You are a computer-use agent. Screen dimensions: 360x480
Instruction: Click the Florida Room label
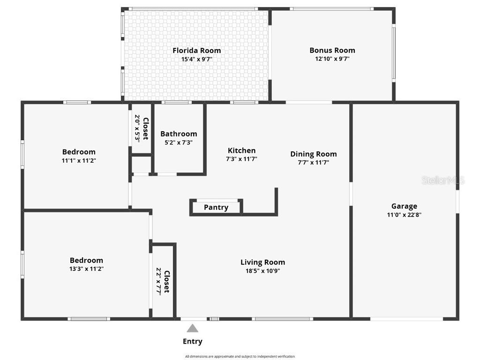point(196,51)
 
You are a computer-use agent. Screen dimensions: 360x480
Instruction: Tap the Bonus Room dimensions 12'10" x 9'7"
point(332,59)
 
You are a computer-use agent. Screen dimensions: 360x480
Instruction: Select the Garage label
point(404,206)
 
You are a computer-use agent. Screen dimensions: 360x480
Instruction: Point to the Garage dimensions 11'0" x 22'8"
point(404,215)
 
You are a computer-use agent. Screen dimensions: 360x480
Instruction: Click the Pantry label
point(216,207)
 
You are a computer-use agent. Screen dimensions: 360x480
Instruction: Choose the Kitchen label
point(241,150)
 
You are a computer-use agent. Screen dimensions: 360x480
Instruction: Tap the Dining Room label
point(313,154)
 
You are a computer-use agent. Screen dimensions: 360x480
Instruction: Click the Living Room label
point(262,262)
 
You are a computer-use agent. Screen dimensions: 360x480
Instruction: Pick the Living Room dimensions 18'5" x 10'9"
point(262,270)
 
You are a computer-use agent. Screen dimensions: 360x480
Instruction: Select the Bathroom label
point(179,134)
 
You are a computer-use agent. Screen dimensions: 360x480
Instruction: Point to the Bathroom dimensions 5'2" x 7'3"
point(179,142)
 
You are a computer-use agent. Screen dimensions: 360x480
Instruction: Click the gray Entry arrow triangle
point(192,328)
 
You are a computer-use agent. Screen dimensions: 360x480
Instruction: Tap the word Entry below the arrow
point(192,342)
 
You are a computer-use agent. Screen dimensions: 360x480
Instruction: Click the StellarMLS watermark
point(442,180)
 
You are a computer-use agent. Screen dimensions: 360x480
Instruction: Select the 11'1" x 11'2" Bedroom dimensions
point(79,160)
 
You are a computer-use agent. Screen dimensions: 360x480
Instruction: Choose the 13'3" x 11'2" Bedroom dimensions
point(86,269)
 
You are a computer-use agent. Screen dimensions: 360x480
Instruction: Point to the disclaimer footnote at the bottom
point(240,357)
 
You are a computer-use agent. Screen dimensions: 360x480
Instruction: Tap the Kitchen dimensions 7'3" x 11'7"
point(241,159)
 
